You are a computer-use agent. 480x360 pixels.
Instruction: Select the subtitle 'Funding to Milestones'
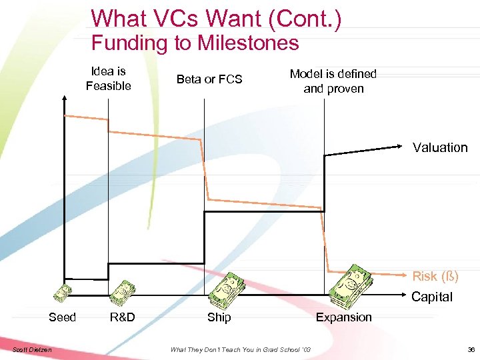[195, 43]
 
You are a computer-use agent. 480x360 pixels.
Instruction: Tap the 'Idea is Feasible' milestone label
[108, 79]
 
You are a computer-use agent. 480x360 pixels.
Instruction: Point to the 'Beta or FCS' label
[209, 79]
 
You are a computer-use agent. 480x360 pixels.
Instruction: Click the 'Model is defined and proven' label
[333, 81]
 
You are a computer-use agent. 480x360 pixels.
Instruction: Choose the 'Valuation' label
[440, 148]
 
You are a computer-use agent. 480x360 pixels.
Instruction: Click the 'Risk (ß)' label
[435, 276]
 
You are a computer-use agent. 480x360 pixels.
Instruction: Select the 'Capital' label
[431, 297]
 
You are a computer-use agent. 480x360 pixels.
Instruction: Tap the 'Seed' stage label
[63, 317]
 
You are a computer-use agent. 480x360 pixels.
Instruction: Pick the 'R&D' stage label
[122, 317]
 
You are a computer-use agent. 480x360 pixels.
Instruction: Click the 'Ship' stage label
[219, 317]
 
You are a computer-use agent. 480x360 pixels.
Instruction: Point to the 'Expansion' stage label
[343, 317]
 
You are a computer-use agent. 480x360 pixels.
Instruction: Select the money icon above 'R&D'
[122, 291]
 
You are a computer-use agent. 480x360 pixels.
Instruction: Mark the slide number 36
[471, 349]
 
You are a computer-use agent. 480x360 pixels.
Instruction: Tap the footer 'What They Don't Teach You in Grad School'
[240, 349]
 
